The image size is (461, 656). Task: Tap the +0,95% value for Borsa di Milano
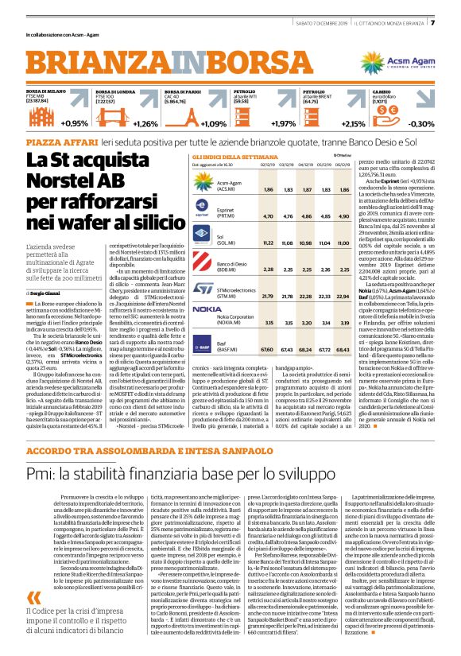[74, 124]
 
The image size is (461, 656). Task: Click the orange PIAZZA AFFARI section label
[59, 141]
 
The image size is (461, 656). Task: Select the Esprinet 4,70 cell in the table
[267, 215]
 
